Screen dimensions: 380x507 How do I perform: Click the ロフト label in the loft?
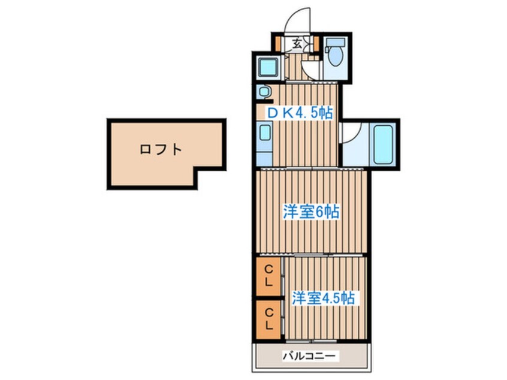(160, 150)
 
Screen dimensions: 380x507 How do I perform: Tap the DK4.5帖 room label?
(300, 112)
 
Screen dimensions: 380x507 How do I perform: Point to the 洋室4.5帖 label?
(322, 298)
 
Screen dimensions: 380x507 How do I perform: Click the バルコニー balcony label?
(310, 356)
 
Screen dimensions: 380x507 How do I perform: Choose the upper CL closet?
(269, 276)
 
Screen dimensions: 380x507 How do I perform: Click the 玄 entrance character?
(297, 43)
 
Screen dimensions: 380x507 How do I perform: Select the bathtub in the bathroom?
(382, 144)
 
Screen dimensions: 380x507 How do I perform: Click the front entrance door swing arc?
(298, 21)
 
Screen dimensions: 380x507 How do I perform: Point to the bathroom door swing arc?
(351, 132)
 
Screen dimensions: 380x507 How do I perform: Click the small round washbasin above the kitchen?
(264, 92)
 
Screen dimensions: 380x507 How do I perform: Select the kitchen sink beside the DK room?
(264, 132)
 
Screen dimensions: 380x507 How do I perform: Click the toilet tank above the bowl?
(336, 43)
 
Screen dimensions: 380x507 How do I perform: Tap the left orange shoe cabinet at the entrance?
(279, 43)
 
